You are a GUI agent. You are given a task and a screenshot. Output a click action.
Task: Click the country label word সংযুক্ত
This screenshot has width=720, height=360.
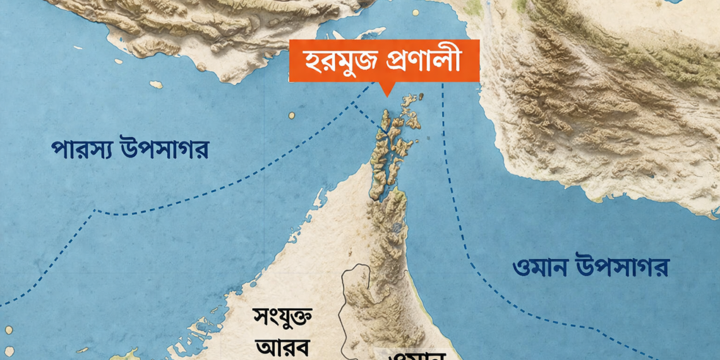tap(282, 317)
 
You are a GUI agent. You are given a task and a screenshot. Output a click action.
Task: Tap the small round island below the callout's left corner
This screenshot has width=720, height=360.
tap(291, 116)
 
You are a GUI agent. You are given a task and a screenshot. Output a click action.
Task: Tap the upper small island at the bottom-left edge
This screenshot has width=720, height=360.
tap(9, 330)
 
